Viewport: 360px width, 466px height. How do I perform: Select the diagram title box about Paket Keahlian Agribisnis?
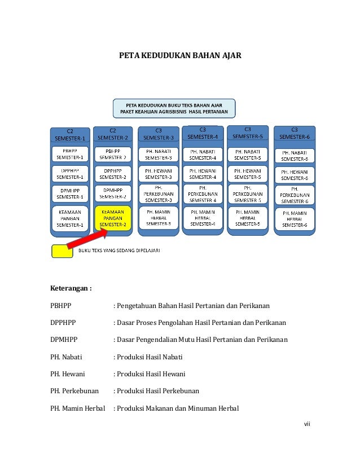click(x=174, y=108)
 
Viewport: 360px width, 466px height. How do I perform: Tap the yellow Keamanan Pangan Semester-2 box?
click(x=113, y=217)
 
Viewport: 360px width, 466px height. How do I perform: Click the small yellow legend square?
click(x=62, y=251)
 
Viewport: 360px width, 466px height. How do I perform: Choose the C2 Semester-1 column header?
click(x=70, y=134)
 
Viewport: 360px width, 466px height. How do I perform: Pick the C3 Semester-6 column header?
click(x=295, y=133)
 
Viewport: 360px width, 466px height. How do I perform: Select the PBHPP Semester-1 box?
click(x=70, y=154)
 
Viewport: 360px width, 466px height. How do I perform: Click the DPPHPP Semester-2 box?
click(x=113, y=173)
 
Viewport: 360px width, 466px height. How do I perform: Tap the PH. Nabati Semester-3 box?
click(x=159, y=154)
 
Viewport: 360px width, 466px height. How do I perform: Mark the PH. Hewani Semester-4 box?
click(x=203, y=174)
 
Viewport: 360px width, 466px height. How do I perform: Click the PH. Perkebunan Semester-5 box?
click(x=248, y=194)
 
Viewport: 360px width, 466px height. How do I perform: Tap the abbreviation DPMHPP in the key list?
click(x=64, y=340)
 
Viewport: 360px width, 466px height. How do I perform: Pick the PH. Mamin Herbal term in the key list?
click(x=78, y=408)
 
